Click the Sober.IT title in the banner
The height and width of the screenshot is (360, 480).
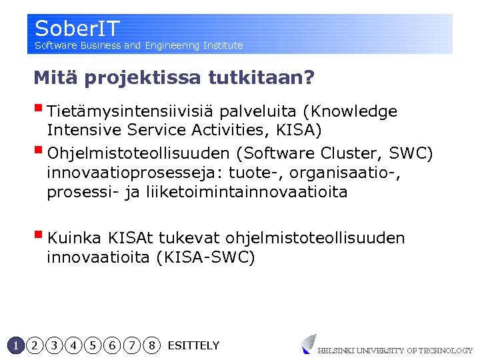tap(77, 29)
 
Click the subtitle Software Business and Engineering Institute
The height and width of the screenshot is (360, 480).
tap(139, 45)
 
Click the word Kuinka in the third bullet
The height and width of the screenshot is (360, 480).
tap(74, 238)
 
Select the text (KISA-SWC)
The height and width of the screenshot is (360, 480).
tap(205, 257)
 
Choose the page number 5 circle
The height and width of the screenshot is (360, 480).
tap(93, 345)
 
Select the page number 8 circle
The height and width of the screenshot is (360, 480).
tap(152, 345)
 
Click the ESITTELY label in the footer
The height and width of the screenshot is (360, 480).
tap(193, 345)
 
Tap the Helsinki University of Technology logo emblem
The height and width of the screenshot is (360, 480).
tap(309, 343)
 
